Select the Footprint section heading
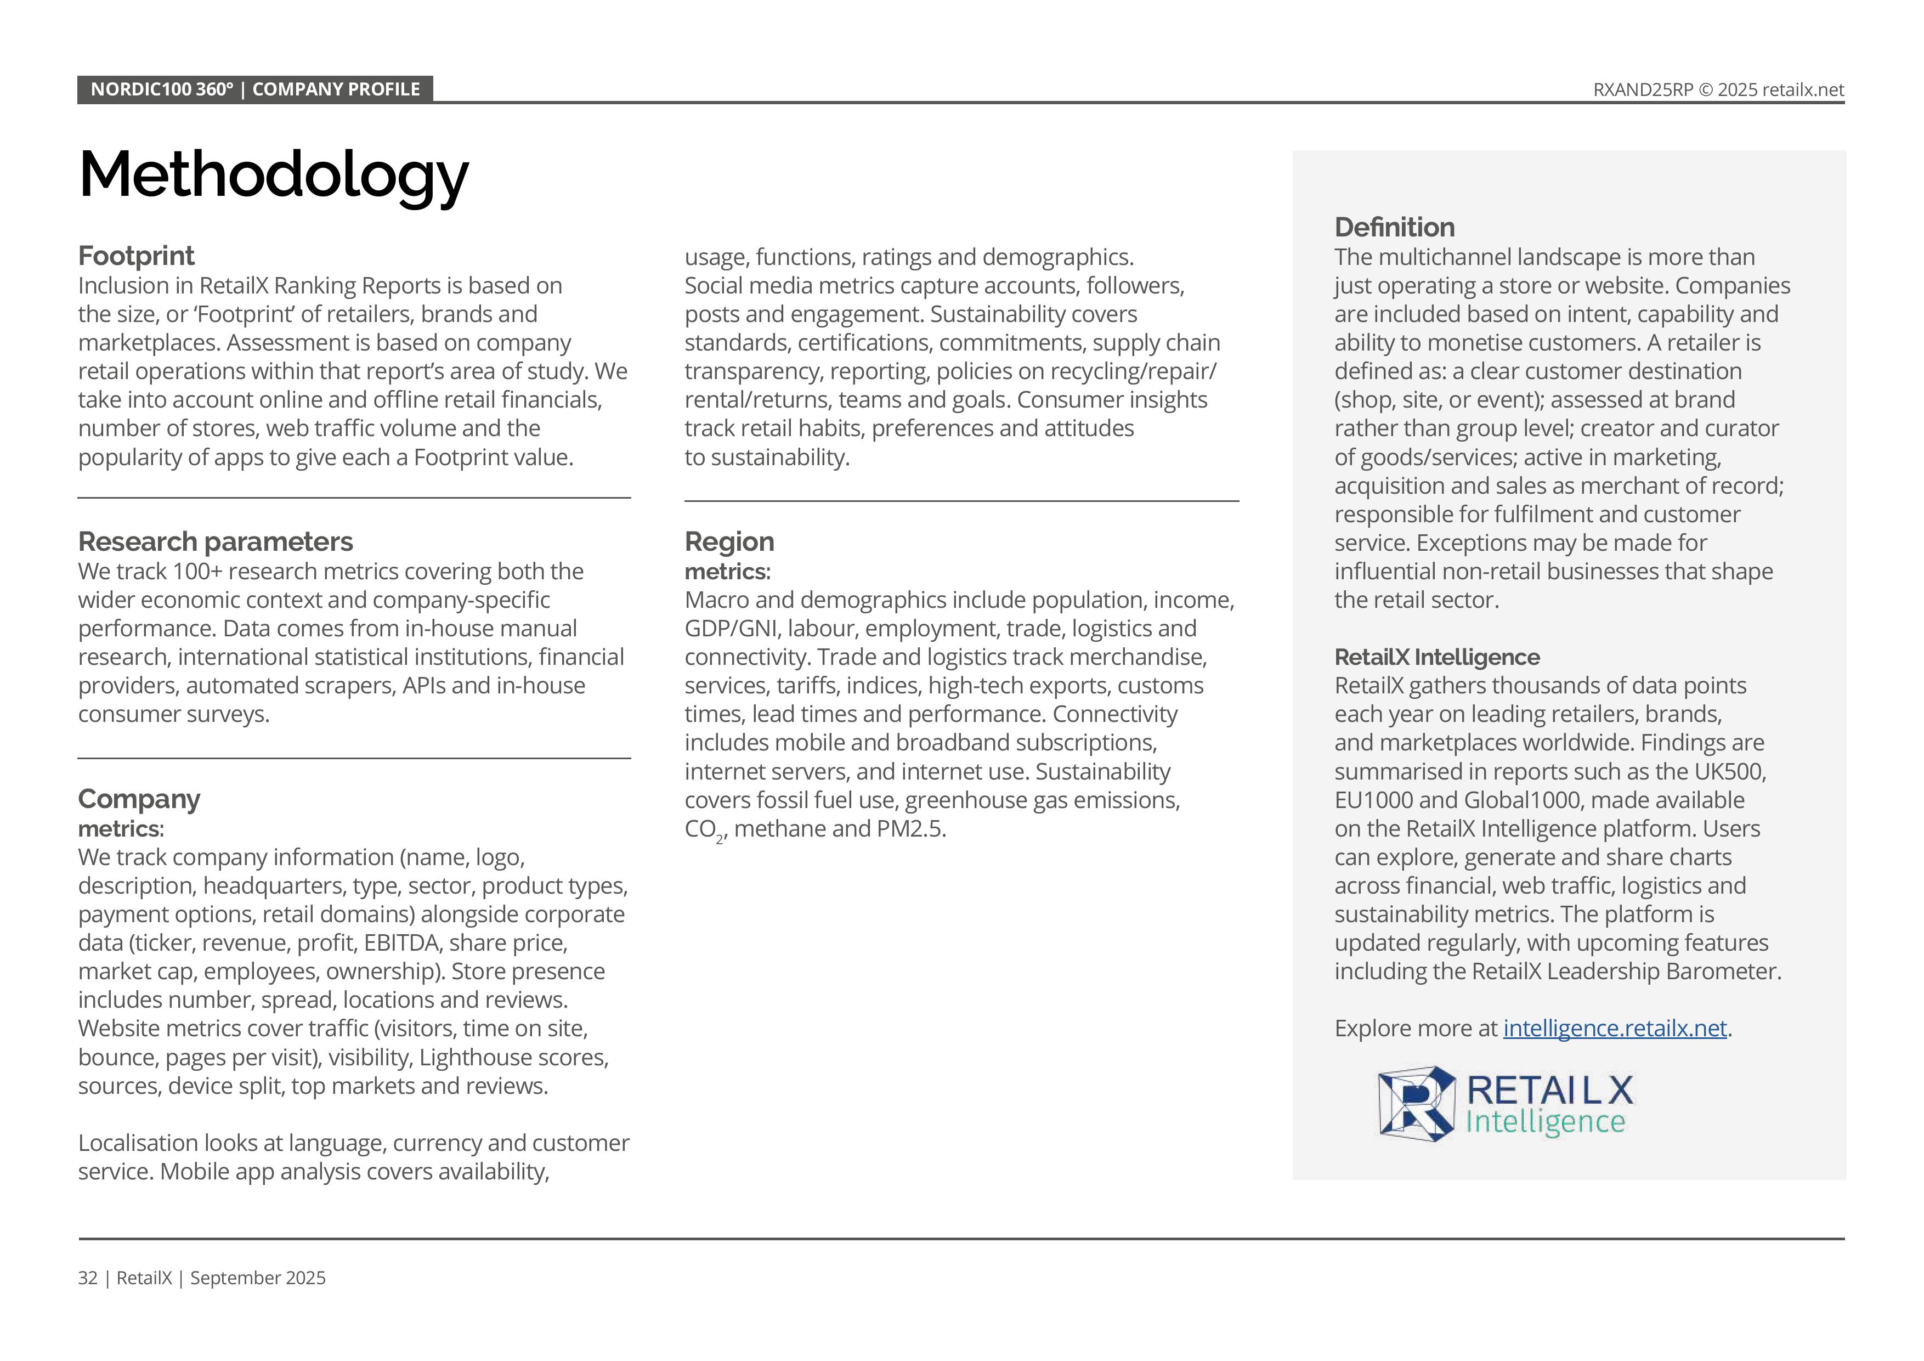pyautogui.click(x=136, y=256)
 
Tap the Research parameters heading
pyautogui.click(x=216, y=541)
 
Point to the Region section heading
pyautogui.click(x=729, y=541)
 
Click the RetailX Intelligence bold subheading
pyautogui.click(x=1436, y=657)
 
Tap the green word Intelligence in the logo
pyautogui.click(x=1545, y=1122)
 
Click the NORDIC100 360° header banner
pyautogui.click(x=254, y=89)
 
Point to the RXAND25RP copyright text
pyautogui.click(x=1718, y=89)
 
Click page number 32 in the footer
pyautogui.click(x=87, y=1278)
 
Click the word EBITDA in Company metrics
pyautogui.click(x=401, y=943)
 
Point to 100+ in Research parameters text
pyautogui.click(x=197, y=572)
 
